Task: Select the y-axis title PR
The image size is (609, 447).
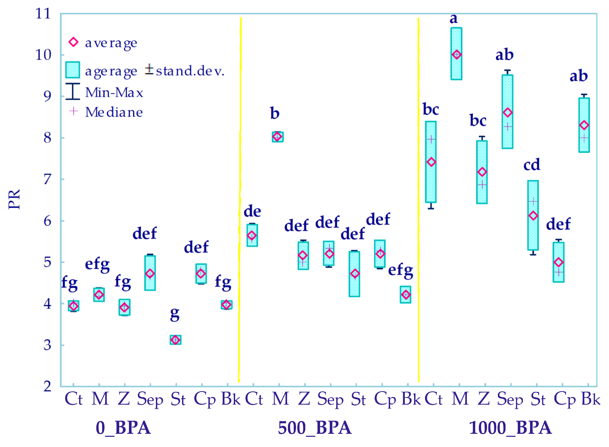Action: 14,199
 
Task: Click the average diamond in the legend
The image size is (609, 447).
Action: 73,42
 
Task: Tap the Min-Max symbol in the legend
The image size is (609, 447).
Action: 72,91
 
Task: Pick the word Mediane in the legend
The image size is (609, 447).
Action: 114,112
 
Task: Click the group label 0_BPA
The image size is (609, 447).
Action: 123,428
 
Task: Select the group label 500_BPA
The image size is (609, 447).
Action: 315,428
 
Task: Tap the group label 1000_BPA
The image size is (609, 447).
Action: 510,428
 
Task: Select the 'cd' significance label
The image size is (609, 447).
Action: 532,165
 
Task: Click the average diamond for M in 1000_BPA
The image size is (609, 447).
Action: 457,55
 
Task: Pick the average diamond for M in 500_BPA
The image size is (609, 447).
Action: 277,137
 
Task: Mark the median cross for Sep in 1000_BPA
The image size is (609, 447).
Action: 508,127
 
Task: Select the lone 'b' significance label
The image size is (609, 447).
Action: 275,113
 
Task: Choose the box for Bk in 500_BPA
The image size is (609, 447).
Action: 406,295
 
